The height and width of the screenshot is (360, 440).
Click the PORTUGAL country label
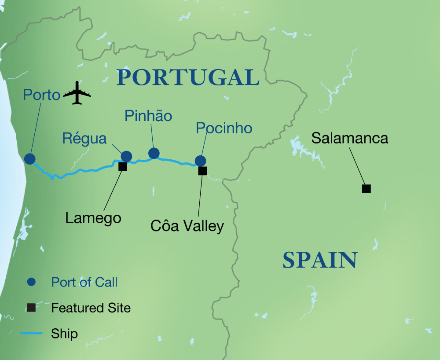point(188,77)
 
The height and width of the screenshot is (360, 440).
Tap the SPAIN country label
point(319,260)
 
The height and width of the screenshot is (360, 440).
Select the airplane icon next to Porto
point(77,93)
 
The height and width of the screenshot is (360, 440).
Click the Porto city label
point(41,95)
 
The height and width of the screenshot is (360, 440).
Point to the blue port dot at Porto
point(30,159)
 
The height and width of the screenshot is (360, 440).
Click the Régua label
point(84,139)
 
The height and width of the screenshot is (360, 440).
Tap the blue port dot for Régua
point(126,156)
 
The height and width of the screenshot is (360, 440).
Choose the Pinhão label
point(148,116)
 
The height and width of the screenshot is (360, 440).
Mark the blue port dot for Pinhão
point(154,153)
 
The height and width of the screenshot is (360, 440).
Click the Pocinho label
point(224,128)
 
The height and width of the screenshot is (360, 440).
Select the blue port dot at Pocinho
point(200,161)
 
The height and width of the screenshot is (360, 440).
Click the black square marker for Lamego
point(123,166)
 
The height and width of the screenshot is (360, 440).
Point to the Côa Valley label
point(187,226)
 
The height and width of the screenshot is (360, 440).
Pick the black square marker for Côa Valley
point(202,171)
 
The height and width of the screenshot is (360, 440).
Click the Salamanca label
point(350,138)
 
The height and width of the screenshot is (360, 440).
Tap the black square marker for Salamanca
point(366,189)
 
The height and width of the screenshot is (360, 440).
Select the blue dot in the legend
point(31,282)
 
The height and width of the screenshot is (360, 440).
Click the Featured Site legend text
point(91,308)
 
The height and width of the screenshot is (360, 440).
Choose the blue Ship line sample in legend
point(31,334)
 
